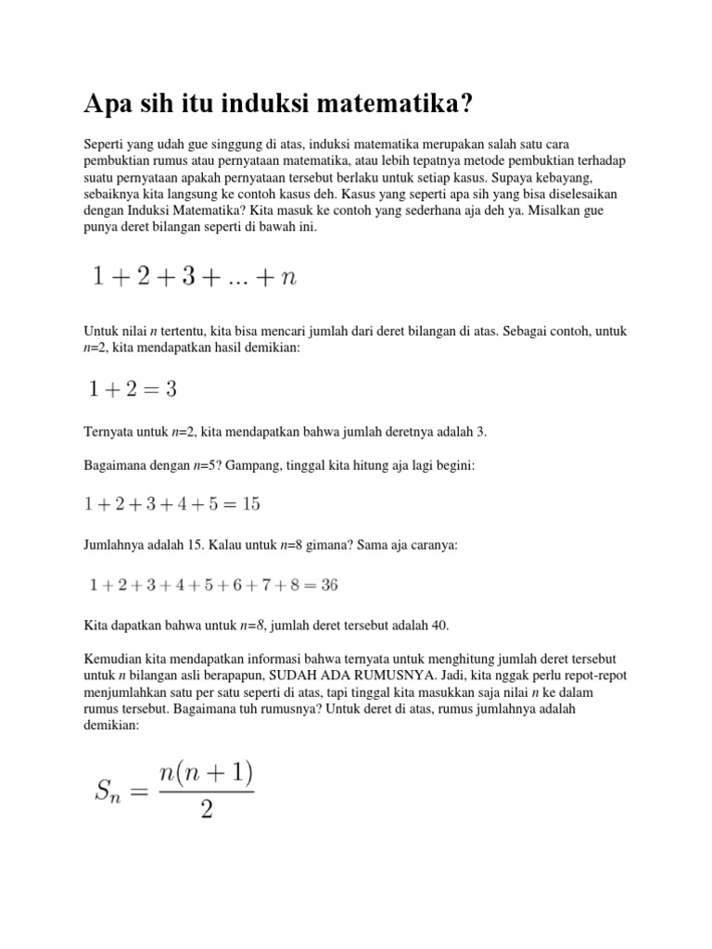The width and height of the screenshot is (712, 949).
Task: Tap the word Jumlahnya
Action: point(114,546)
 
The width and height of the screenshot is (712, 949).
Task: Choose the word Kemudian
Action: point(113,659)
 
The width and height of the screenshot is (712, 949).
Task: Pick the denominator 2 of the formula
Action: point(206,809)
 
